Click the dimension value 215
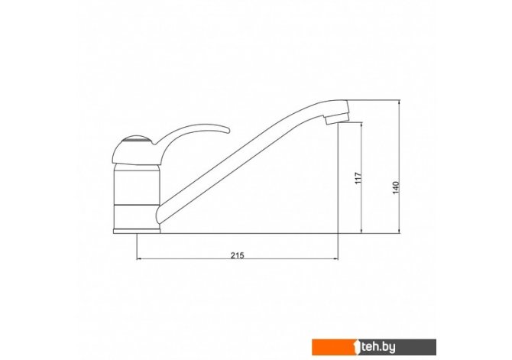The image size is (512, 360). coord(238,255)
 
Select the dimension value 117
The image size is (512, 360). coord(358,178)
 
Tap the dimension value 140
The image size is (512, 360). coord(395,188)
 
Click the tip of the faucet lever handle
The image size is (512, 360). coord(228,131)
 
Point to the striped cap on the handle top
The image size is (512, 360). coord(136,141)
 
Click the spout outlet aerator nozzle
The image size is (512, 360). coord(337,118)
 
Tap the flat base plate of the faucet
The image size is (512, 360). coord(137,232)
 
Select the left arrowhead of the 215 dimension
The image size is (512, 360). coord(139,259)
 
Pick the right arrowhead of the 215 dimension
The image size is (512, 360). coord(335,259)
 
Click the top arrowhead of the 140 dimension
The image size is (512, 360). coord(399,102)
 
